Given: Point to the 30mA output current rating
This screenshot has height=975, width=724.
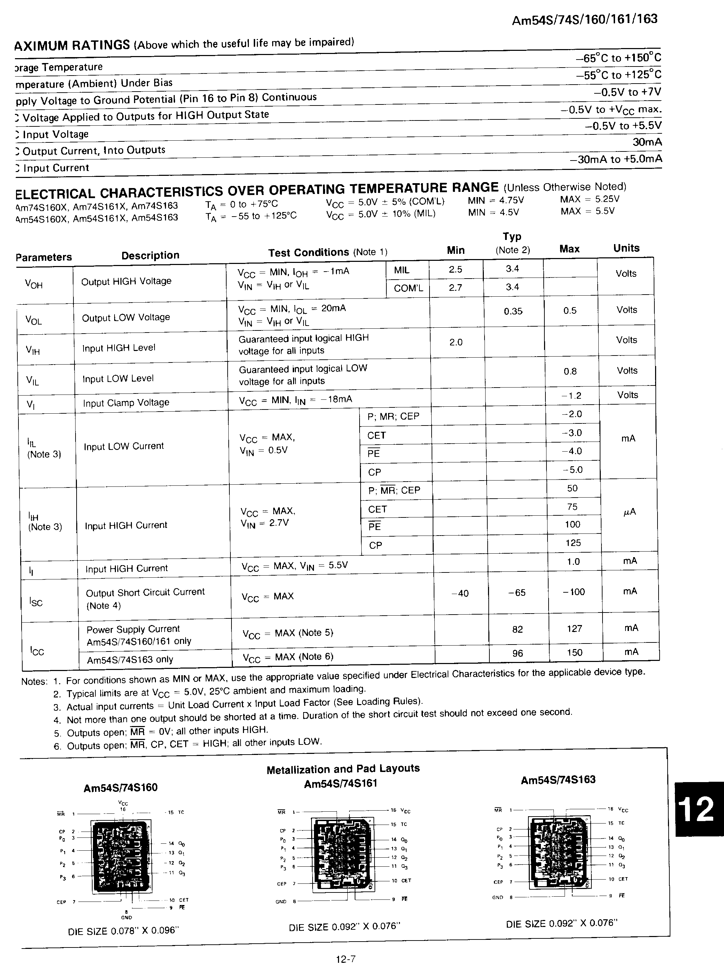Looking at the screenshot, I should tap(647, 142).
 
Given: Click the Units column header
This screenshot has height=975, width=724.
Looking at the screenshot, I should tap(626, 248).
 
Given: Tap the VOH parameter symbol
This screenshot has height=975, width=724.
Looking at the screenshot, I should tap(34, 284).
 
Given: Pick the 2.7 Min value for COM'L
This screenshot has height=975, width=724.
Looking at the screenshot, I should tap(455, 288).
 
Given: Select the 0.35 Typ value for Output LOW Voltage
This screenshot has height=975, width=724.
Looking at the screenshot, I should tap(513, 311).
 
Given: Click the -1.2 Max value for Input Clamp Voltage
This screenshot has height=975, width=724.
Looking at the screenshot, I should tap(572, 396).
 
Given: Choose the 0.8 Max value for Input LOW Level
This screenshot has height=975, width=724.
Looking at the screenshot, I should tap(570, 371).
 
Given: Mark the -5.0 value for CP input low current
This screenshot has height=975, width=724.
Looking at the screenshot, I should tap(572, 469).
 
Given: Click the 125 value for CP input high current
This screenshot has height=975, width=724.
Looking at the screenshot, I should tap(573, 543).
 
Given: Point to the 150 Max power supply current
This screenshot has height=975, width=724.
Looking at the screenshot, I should tap(575, 652).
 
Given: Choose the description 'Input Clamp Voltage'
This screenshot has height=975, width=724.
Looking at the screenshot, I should tap(126, 403).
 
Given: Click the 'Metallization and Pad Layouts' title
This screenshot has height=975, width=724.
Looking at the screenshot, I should tap(343, 769).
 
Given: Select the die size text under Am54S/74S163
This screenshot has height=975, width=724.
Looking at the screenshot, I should tap(561, 923).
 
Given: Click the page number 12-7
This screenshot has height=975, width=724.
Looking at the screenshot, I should tap(346, 959).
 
